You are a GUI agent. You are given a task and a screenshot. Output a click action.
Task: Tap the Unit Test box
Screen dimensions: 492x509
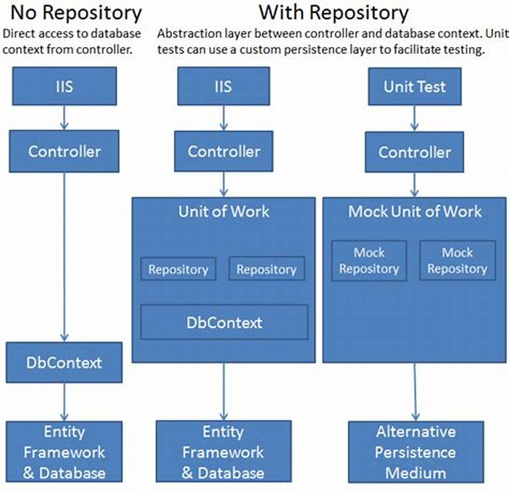pyautogui.click(x=414, y=86)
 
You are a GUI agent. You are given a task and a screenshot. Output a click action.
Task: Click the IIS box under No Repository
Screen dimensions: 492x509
pyautogui.click(x=64, y=86)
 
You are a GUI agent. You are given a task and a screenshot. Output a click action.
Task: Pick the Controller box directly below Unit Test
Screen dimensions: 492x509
pyautogui.click(x=414, y=152)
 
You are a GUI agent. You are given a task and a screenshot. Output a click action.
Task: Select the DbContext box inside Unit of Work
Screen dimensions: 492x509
pyautogui.click(x=224, y=322)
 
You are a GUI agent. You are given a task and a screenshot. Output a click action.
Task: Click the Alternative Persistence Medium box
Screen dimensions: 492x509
pyautogui.click(x=415, y=452)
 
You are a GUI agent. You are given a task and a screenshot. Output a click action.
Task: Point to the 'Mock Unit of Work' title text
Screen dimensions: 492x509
pyautogui.click(x=414, y=212)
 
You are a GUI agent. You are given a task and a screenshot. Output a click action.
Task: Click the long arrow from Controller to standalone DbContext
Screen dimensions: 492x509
pyautogui.click(x=64, y=254)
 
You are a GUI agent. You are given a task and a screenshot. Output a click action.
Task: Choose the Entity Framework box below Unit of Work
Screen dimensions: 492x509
pyautogui.click(x=223, y=452)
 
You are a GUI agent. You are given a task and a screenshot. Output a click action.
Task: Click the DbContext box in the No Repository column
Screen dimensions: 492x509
pyautogui.click(x=64, y=362)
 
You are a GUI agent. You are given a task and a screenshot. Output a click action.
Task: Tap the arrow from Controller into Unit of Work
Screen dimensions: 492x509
pyautogui.click(x=224, y=184)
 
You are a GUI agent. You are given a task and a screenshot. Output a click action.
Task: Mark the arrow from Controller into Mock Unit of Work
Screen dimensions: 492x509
pyautogui.click(x=414, y=184)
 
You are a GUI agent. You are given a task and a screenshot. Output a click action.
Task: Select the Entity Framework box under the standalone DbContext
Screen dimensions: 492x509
pyautogui.click(x=64, y=452)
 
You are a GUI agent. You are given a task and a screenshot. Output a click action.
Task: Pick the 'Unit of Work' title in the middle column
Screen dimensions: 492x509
pyautogui.click(x=224, y=212)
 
